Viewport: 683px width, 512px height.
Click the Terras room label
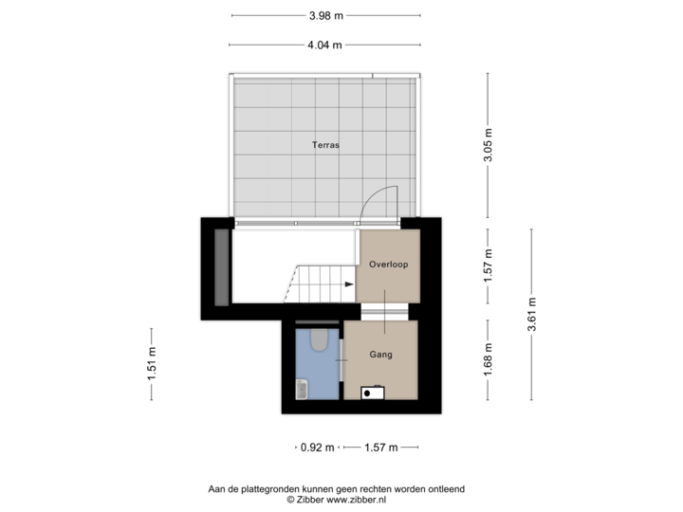(x=325, y=145)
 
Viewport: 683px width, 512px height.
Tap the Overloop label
(x=389, y=265)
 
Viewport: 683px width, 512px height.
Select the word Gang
(x=381, y=355)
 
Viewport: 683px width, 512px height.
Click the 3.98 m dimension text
(x=325, y=15)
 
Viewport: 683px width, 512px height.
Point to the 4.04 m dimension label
(x=323, y=44)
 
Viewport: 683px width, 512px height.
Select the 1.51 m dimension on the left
(x=152, y=364)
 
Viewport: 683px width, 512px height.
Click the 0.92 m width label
(x=317, y=447)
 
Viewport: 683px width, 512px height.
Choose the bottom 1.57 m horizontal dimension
(x=381, y=447)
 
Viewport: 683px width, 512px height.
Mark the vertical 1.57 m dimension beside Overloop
(x=488, y=265)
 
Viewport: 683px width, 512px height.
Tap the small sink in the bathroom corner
(x=303, y=387)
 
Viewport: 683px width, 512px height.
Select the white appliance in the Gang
(x=372, y=391)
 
